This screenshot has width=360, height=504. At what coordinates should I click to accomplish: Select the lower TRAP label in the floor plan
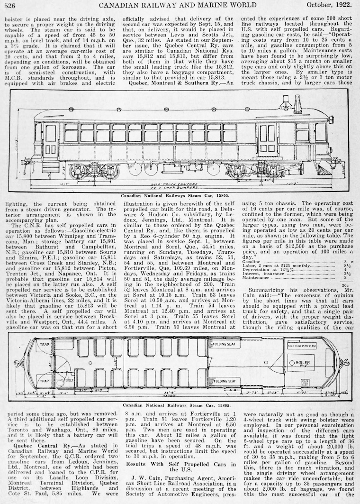[x=45, y=381]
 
